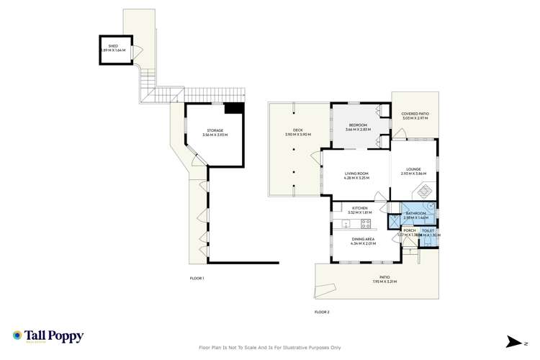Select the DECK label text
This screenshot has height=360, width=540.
tap(297, 131)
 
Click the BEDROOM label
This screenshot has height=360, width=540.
tap(356, 126)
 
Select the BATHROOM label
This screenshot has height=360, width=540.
tap(415, 215)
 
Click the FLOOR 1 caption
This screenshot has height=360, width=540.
tap(197, 278)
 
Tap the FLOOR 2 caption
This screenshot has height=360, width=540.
tap(321, 312)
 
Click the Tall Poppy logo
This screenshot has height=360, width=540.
tap(48, 336)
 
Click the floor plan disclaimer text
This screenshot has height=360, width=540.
tap(269, 348)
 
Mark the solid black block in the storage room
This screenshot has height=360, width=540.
tap(233, 108)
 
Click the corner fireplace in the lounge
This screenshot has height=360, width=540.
tap(424, 192)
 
